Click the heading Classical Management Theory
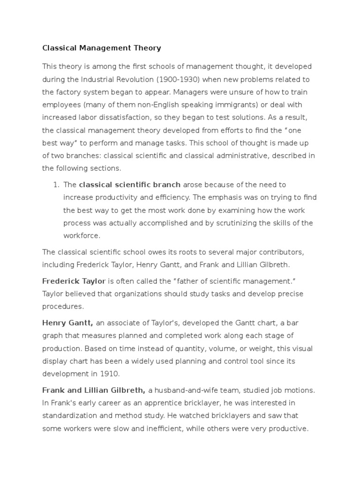102,48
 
